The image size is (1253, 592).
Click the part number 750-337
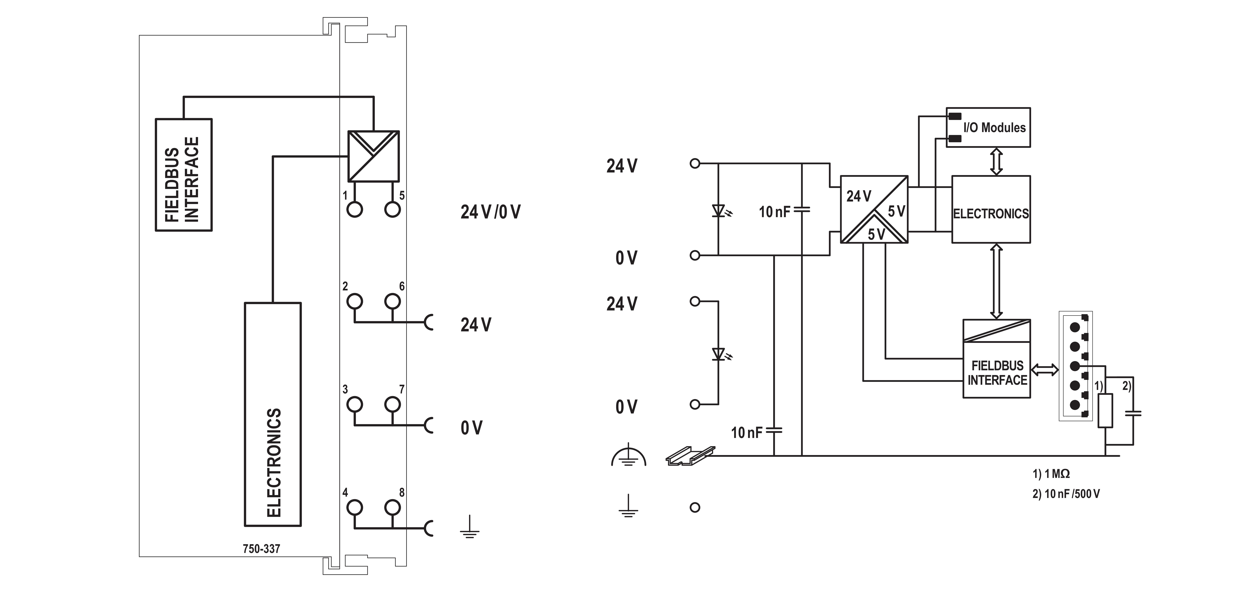(261, 549)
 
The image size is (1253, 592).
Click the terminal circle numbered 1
(355, 210)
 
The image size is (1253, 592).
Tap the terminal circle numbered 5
(393, 210)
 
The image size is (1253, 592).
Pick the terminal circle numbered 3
(355, 404)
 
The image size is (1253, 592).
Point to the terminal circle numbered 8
(393, 507)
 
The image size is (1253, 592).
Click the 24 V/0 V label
(490, 212)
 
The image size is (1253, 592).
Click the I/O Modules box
(988, 128)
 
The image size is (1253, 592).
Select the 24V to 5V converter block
(874, 209)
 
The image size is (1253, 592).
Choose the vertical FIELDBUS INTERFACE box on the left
(183, 175)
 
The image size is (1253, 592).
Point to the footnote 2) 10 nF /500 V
(1066, 494)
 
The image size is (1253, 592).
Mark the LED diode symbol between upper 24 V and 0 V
(719, 211)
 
